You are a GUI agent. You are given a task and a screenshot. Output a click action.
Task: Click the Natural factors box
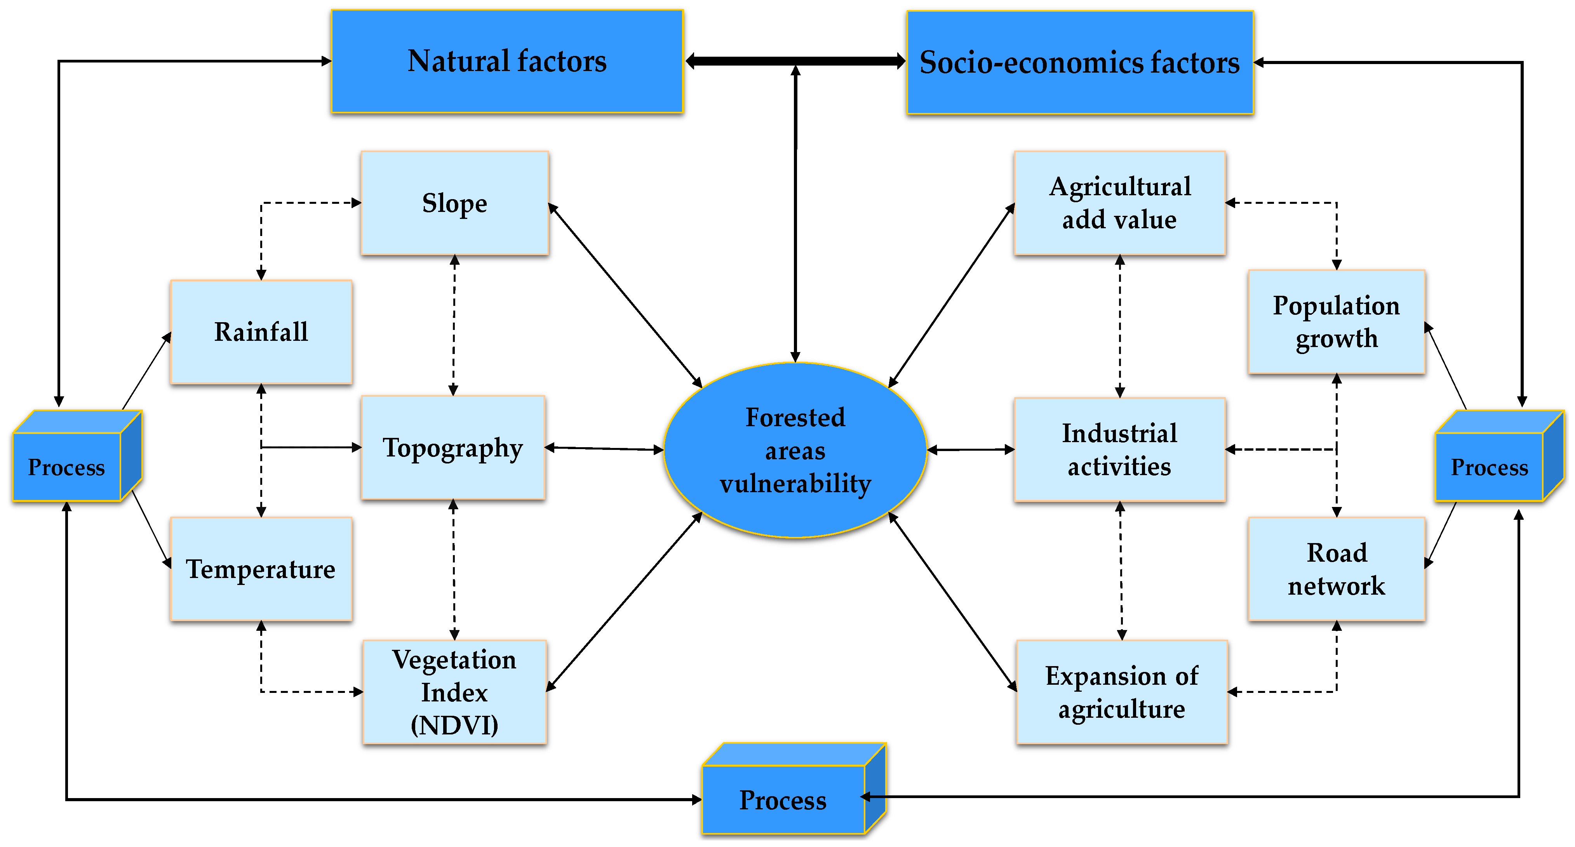tap(507, 61)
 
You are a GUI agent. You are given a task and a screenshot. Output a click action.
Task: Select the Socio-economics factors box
tap(1080, 62)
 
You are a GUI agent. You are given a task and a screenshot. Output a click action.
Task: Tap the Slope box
tap(454, 203)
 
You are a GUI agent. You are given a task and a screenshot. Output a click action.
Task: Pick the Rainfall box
tap(261, 332)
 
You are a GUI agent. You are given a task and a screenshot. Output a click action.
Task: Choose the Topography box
tap(453, 447)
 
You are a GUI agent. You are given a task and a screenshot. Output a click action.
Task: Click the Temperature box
tap(261, 569)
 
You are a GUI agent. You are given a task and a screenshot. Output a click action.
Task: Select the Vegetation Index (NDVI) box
tap(454, 692)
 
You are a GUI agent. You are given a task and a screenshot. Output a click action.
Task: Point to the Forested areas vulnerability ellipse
tap(795, 450)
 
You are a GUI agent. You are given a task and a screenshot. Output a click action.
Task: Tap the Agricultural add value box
tap(1119, 203)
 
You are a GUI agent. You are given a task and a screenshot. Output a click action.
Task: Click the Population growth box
tap(1337, 321)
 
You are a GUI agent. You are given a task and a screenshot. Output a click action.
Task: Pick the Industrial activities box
tap(1119, 450)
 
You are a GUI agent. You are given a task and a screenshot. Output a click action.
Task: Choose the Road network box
tap(1337, 569)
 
